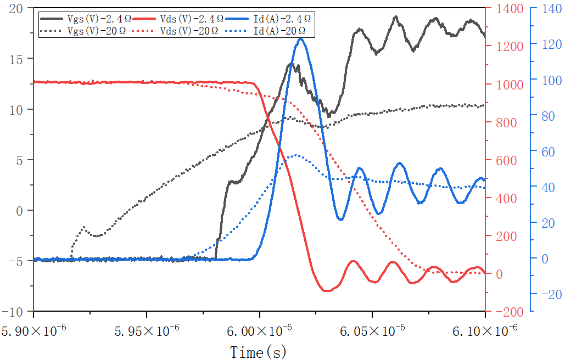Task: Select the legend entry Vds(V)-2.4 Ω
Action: [x=192, y=19]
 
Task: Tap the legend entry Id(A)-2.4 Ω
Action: [x=282, y=19]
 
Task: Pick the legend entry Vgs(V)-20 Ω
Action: [x=96, y=31]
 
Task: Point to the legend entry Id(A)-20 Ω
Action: [x=281, y=31]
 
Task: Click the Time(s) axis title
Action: [x=258, y=352]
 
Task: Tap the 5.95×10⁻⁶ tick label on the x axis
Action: [x=147, y=331]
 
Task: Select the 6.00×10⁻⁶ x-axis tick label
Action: [x=259, y=331]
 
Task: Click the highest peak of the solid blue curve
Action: [x=300, y=38]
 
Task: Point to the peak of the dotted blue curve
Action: [x=296, y=155]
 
